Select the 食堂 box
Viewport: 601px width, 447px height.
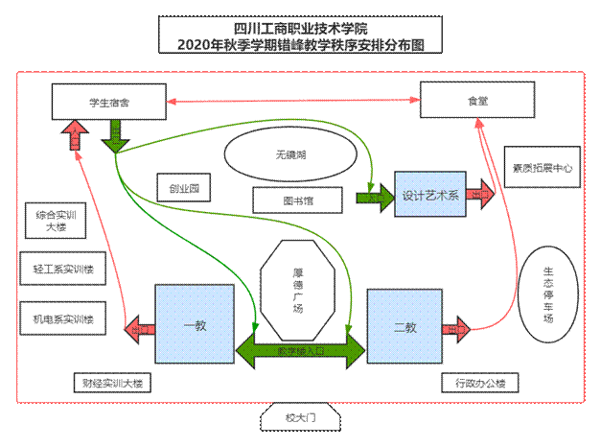click(477, 100)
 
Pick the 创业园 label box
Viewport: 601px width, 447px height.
click(183, 188)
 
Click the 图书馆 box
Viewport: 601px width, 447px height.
click(297, 200)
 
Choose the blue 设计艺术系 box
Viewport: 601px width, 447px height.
click(429, 194)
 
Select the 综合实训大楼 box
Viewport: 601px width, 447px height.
click(55, 223)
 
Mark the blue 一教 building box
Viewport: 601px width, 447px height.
click(195, 325)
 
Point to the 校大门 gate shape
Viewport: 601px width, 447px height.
click(299, 418)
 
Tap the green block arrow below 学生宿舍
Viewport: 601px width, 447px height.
click(116, 135)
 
